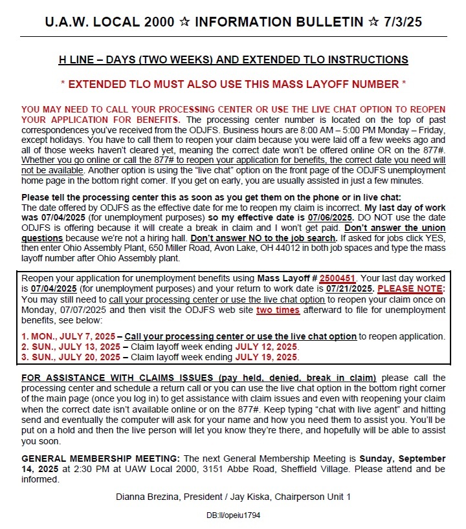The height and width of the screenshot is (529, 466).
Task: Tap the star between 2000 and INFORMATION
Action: pos(184,22)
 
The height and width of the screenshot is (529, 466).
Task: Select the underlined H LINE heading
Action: pos(233,60)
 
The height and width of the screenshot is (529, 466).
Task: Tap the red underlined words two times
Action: pos(278,310)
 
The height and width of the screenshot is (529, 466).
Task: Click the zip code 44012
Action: pos(265,248)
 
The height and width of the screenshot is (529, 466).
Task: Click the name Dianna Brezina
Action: pos(147,496)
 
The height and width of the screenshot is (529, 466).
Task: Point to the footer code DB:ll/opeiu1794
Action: pos(233,515)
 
